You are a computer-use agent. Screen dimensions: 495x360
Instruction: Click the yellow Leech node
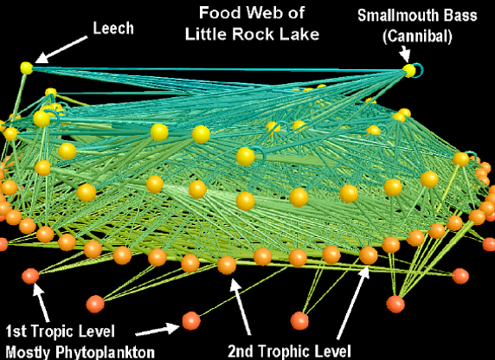(x=27, y=67)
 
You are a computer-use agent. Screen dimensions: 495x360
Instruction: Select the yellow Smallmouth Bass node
(x=409, y=70)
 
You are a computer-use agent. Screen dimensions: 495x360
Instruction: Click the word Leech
(x=113, y=28)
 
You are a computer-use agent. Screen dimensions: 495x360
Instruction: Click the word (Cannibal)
(x=417, y=36)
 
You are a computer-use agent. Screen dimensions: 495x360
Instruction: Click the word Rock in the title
(x=251, y=34)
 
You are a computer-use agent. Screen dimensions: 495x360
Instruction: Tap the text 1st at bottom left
(x=16, y=331)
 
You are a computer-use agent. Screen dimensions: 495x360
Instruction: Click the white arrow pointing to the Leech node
(x=61, y=49)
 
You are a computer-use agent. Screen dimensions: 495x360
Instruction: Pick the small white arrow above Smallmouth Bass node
(x=404, y=54)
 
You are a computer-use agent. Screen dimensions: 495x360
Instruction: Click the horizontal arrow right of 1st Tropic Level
(x=157, y=330)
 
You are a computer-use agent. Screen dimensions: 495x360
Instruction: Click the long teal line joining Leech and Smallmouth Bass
(x=218, y=69)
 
